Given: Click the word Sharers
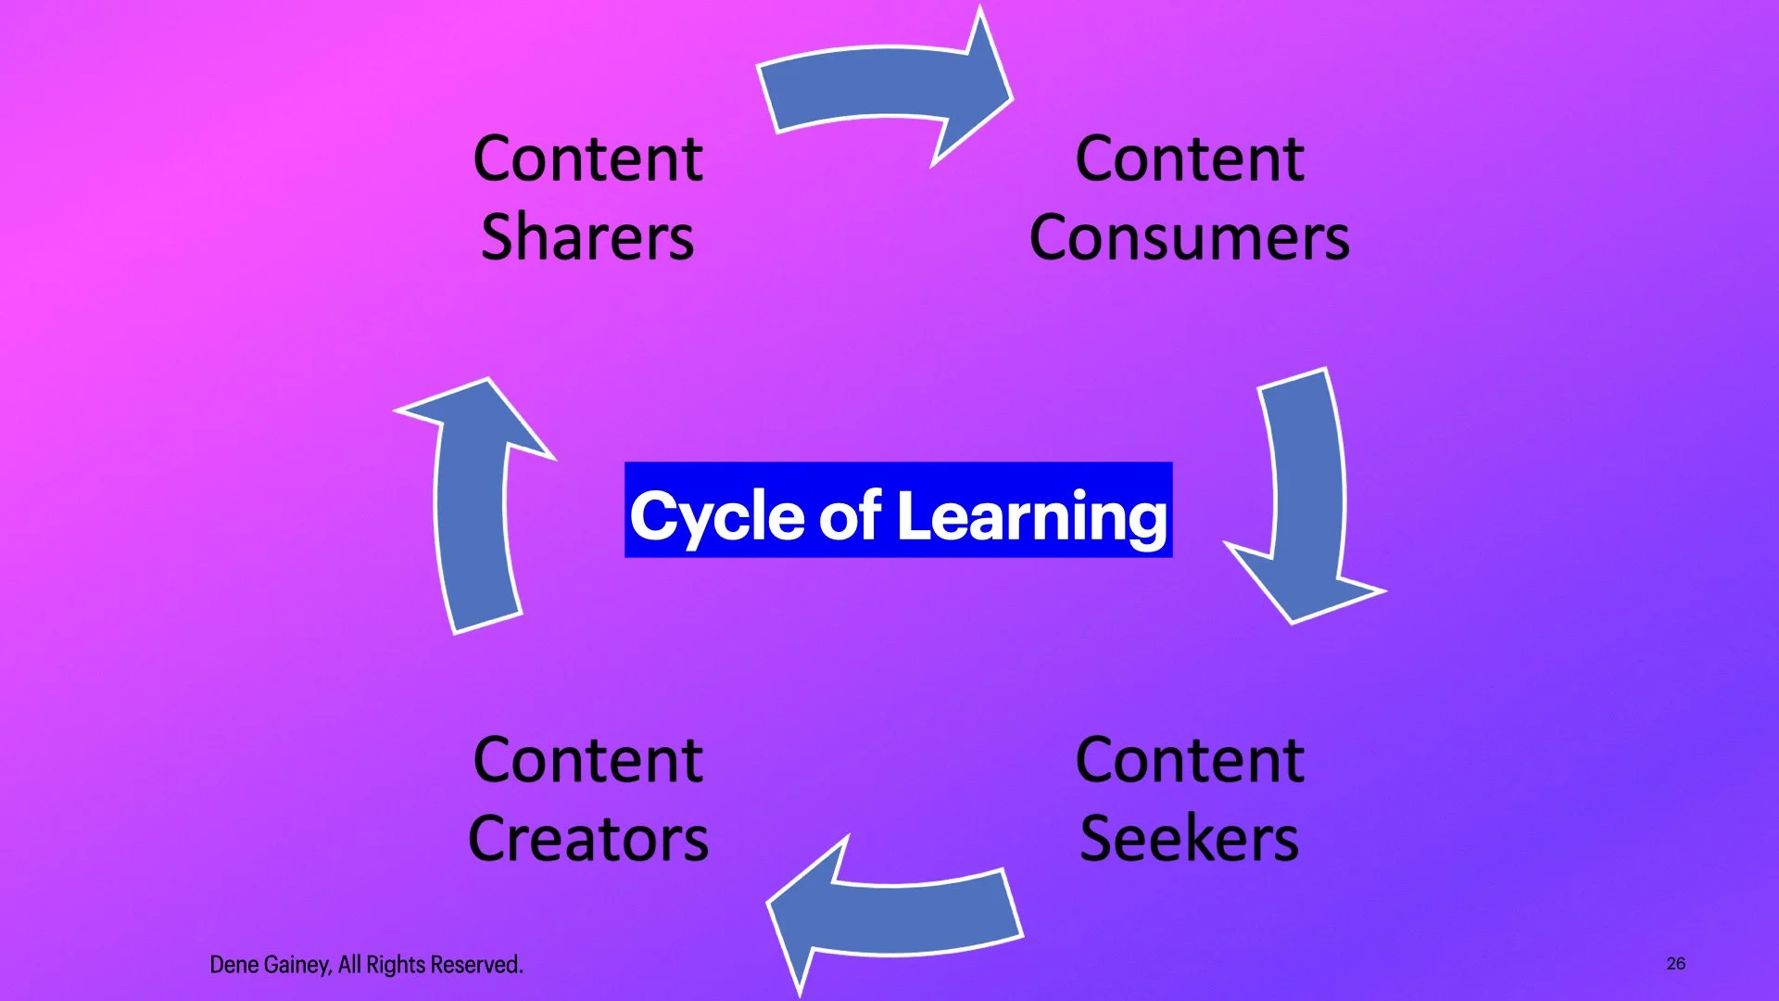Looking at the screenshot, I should (587, 237).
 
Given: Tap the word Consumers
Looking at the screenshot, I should (1190, 237).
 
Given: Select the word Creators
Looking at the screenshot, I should (588, 839).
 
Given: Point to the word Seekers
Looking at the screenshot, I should (1190, 839).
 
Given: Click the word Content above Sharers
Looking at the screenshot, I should (587, 158).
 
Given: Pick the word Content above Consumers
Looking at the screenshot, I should (1190, 158).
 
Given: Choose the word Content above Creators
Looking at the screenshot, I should (587, 760).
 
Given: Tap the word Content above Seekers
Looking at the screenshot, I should (1190, 760).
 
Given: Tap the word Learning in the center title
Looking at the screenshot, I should (1032, 515).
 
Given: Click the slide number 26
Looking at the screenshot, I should (1675, 964).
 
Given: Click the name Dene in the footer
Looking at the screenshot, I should (233, 965).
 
